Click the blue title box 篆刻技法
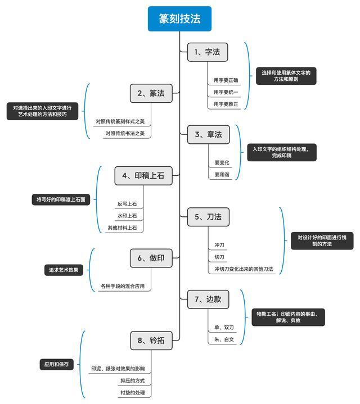pos(179,19)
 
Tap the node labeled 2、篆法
pos(151,93)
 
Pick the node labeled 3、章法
pos(208,134)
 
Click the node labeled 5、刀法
pos(208,217)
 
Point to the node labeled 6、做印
pos(151,258)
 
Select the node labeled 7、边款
pos(208,299)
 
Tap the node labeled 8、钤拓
pos(151,341)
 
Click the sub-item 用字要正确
pos(226,80)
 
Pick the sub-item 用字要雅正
pos(226,104)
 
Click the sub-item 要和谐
pos(222,175)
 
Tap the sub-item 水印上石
pos(127,216)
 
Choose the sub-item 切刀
pos(219,257)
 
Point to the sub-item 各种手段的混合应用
pos(123,287)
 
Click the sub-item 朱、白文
pos(223,339)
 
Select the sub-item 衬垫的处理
pos(132,392)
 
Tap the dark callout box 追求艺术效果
pos(64,270)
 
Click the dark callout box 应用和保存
pos(57,364)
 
